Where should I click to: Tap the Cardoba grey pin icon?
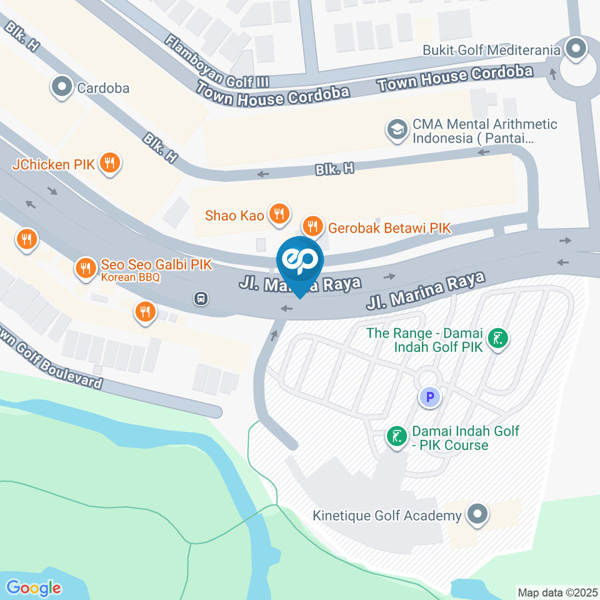[62, 87]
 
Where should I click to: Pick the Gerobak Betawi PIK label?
[389, 227]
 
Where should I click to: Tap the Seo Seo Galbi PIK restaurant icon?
[85, 268]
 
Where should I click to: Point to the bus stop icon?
[201, 299]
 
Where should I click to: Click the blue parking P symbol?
[429, 396]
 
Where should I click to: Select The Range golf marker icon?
[498, 339]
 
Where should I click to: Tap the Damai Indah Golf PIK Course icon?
[396, 437]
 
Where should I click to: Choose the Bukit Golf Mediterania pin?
[576, 48]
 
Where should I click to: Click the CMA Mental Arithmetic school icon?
[396, 131]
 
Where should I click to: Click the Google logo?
[34, 587]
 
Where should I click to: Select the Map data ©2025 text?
[557, 592]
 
